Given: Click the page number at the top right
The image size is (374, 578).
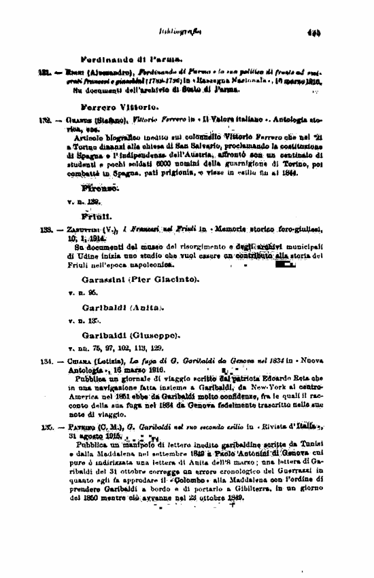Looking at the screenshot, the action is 313,31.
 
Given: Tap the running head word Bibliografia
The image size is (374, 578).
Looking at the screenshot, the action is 175,31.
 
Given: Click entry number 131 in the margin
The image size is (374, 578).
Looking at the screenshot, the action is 46,73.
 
